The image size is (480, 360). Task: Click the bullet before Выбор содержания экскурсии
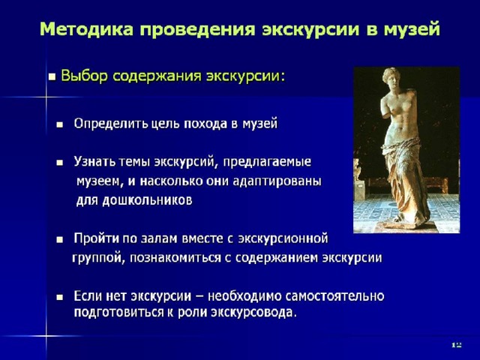tap(52, 76)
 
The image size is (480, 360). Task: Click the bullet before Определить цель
tap(60, 125)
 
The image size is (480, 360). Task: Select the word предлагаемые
tap(267, 162)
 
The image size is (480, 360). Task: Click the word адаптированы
tap(277, 181)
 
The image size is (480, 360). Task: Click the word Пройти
tap(97, 238)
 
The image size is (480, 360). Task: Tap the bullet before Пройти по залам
tap(60, 240)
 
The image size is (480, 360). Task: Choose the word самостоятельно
tap(334, 296)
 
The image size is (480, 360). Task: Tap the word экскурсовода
tap(254, 313)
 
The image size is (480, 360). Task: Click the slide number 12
tap(457, 345)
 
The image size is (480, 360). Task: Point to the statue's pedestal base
tap(405, 224)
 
